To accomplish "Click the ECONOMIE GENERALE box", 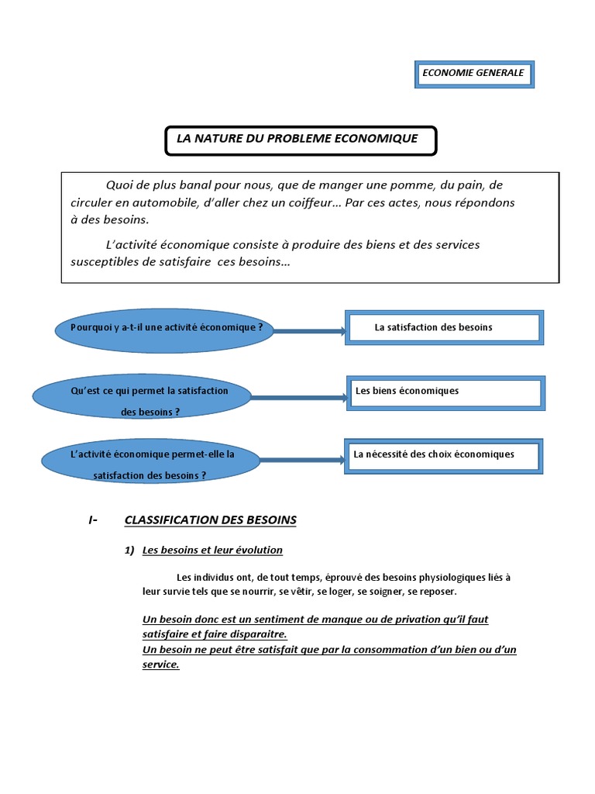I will [x=473, y=74].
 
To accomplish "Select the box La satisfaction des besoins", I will [x=444, y=327].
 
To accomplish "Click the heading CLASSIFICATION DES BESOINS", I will [x=210, y=520].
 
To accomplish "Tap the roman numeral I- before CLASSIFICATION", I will [x=93, y=520].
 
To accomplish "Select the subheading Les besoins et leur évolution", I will [x=213, y=551].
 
